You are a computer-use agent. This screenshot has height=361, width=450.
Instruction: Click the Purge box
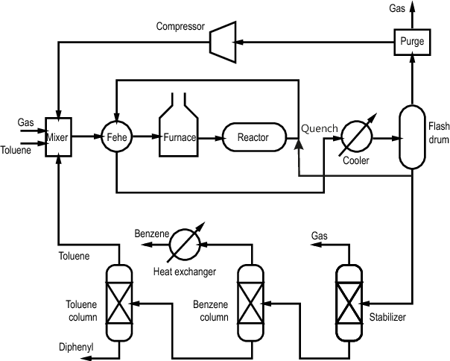pos(411,42)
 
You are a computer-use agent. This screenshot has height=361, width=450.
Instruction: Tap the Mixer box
pos(57,136)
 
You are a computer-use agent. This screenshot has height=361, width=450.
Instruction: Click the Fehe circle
pos(116,136)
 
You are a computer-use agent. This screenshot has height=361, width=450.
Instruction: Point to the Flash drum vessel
pos(411,136)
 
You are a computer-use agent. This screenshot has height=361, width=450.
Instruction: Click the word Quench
pos(320,128)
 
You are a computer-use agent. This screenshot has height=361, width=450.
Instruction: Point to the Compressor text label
pos(180,27)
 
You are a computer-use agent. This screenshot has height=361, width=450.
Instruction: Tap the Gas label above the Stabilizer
pos(320,236)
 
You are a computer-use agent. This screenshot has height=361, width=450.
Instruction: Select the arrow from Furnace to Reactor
pos(211,137)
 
